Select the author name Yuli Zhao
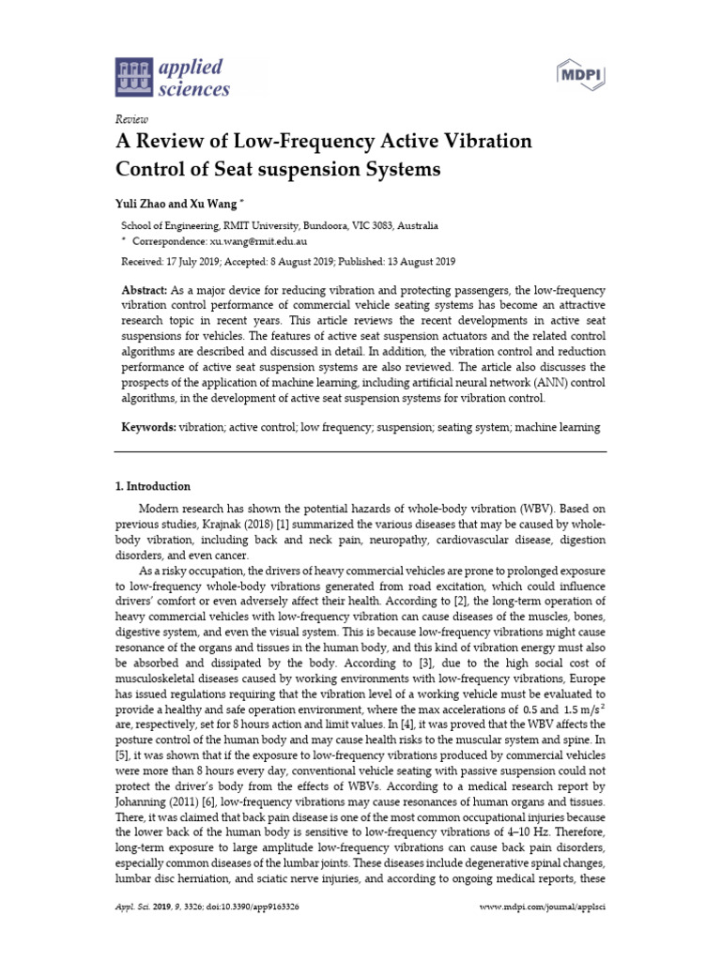tap(141, 204)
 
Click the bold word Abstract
tap(146, 291)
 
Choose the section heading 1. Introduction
tap(152, 486)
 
